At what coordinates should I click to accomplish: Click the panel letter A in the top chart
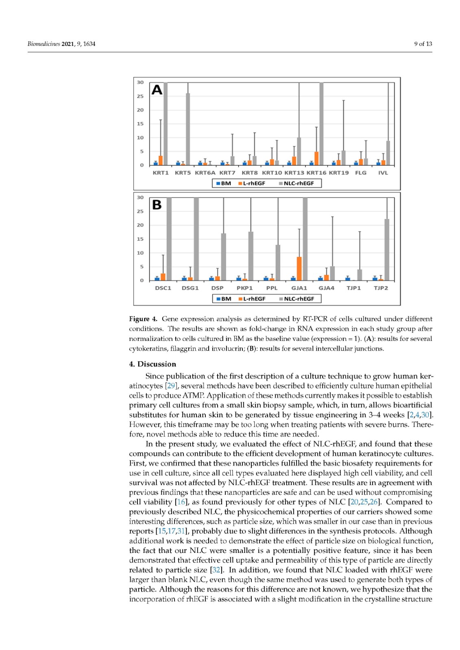(x=157, y=90)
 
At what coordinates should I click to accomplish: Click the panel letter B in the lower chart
(x=157, y=205)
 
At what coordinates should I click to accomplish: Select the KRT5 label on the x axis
(x=183, y=173)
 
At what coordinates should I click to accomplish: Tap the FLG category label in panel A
(x=361, y=173)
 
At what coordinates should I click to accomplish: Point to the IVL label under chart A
(x=383, y=173)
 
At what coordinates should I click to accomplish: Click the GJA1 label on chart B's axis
(x=299, y=288)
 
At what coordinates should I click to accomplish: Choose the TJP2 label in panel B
(x=381, y=288)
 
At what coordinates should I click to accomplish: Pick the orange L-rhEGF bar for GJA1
(x=299, y=269)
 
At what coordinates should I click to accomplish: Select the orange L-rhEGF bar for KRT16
(x=316, y=158)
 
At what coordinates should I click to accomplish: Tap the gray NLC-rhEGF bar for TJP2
(x=387, y=250)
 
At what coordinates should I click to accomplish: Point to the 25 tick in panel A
(x=140, y=96)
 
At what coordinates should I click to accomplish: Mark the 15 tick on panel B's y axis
(x=140, y=239)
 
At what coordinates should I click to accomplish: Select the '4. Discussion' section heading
(x=153, y=364)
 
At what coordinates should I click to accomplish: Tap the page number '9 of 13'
(x=423, y=44)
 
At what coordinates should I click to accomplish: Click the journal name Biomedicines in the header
(x=44, y=44)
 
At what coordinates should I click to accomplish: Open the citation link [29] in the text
(x=171, y=386)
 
